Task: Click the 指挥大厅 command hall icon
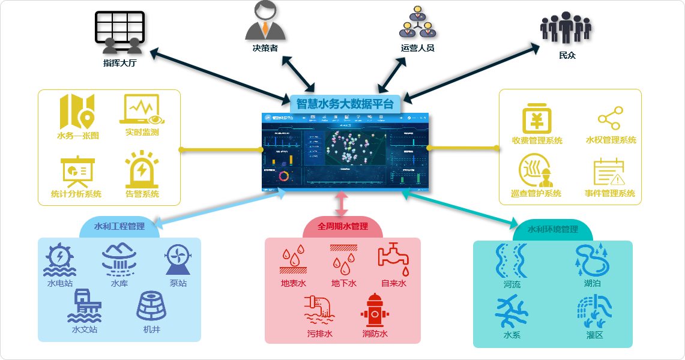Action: pos(120,33)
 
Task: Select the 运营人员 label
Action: pos(417,48)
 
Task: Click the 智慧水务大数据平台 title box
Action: pos(345,104)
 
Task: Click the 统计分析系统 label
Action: pos(76,194)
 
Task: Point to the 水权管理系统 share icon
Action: pos(610,118)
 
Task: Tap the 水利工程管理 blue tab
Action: pos(119,227)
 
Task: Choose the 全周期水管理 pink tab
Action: pos(342,227)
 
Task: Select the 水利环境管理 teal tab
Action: pos(552,229)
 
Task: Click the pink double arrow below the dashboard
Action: pos(342,203)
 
